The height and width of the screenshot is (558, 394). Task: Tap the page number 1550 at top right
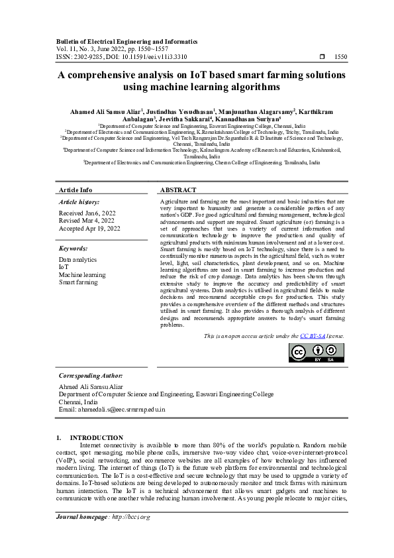pyautogui.click(x=340, y=58)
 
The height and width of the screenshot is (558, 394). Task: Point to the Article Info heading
pyautogui.click(x=75, y=190)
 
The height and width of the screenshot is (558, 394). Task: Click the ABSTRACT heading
pyautogui.click(x=178, y=190)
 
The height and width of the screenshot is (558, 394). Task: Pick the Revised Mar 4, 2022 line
pyautogui.click(x=87, y=221)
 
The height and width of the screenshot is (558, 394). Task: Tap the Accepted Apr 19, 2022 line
pyautogui.click(x=89, y=229)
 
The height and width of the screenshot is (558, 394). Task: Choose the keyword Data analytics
pyautogui.click(x=77, y=260)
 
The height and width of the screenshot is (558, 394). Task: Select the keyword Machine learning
pyautogui.click(x=82, y=275)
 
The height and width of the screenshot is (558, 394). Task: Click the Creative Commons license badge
pyautogui.click(x=316, y=353)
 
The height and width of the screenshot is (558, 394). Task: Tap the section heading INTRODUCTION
pyautogui.click(x=97, y=437)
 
